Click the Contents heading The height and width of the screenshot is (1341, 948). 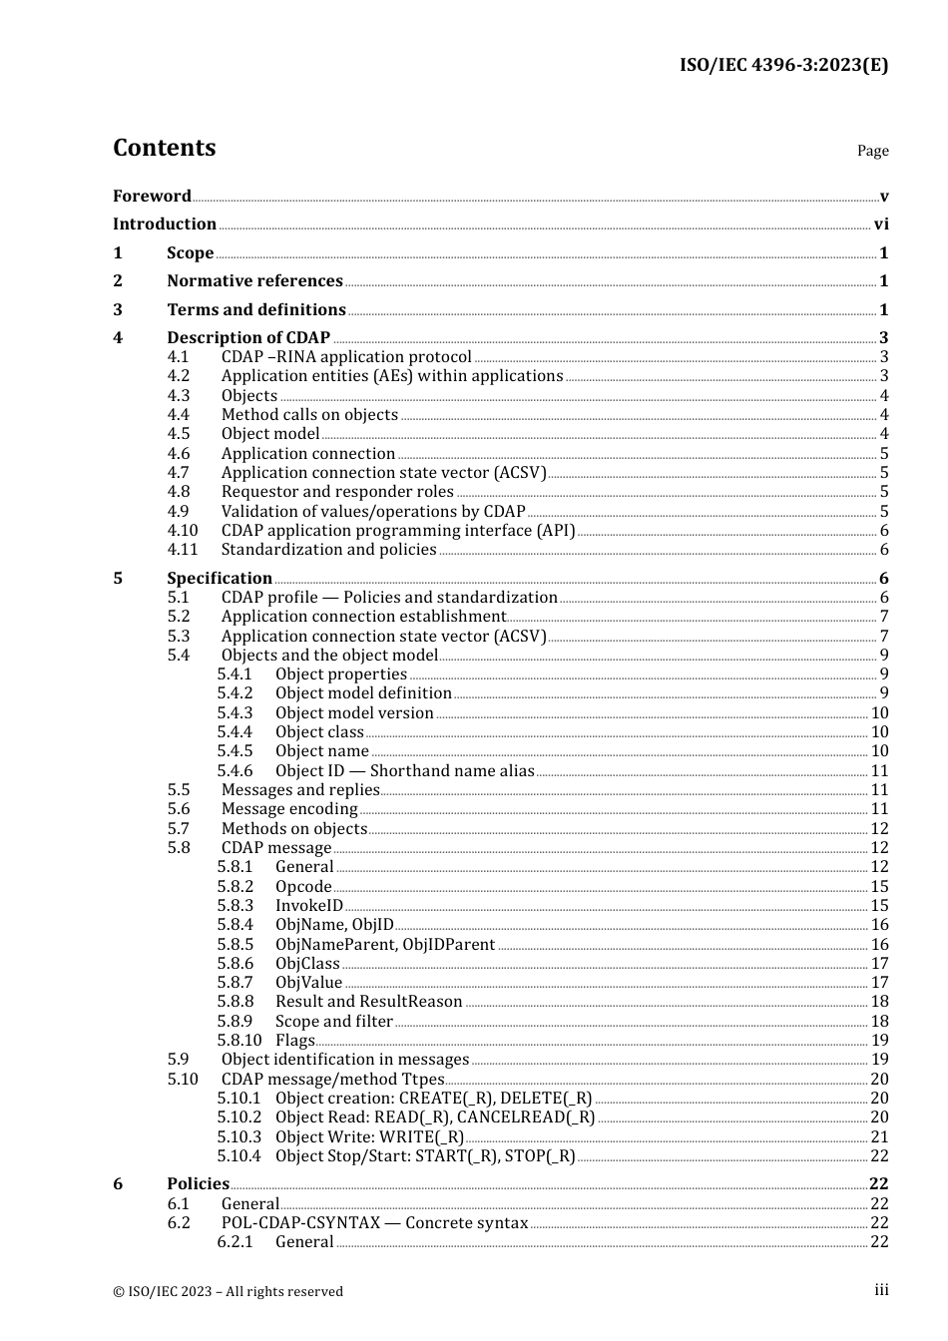(x=164, y=148)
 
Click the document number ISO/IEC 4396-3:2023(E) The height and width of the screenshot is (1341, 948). (x=783, y=65)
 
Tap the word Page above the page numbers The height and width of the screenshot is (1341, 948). (x=872, y=151)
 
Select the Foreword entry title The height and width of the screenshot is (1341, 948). (x=152, y=197)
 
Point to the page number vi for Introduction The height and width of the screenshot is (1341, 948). (x=881, y=224)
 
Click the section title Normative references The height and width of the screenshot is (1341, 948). (x=254, y=281)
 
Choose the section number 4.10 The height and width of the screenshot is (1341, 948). (x=182, y=531)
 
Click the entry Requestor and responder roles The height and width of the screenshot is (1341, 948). (x=337, y=492)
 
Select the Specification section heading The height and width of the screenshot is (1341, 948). (x=220, y=579)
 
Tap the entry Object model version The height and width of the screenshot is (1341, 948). (x=354, y=713)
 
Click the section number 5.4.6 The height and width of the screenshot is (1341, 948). (x=235, y=771)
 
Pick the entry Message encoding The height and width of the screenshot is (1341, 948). (x=289, y=809)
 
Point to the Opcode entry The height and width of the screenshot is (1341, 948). (x=303, y=887)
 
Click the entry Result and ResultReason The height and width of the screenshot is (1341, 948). (x=368, y=1002)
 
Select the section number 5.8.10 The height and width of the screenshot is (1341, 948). (x=238, y=1041)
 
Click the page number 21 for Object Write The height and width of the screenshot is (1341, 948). (x=879, y=1137)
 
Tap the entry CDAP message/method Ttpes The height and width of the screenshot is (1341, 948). (x=332, y=1080)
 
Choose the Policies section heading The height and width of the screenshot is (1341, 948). (x=198, y=1184)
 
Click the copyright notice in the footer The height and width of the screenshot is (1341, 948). (x=228, y=1291)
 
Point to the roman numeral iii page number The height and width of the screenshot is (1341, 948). (x=881, y=1290)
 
